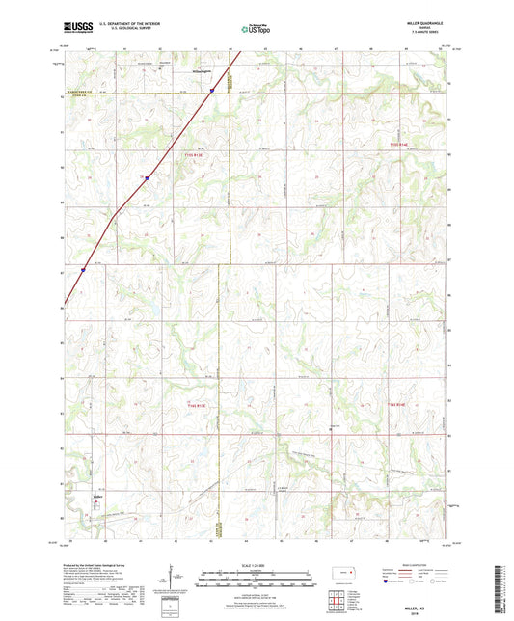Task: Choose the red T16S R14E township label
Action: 400,404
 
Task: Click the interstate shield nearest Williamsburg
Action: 212,92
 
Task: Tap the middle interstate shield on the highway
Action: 146,177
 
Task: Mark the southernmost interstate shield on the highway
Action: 83,270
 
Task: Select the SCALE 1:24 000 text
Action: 257,563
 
